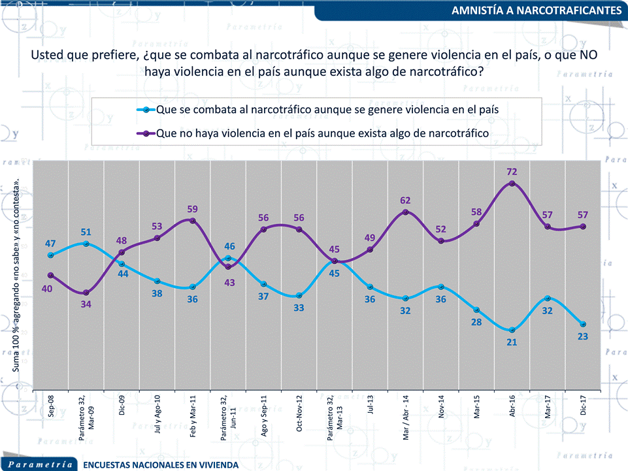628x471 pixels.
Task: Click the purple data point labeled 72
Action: (x=512, y=184)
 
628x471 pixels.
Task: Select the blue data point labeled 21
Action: (x=512, y=330)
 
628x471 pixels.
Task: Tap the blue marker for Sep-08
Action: (x=50, y=255)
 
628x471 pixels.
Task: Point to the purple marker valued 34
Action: (x=86, y=292)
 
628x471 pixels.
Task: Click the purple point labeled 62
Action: (x=406, y=212)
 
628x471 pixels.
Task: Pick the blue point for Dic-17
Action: (x=583, y=324)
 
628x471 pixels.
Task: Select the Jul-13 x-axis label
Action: (x=371, y=406)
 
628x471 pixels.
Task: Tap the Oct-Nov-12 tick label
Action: (x=299, y=412)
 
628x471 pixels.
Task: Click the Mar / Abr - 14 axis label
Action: (x=406, y=415)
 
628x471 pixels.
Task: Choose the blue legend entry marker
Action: (x=146, y=110)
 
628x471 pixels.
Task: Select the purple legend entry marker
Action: (x=146, y=133)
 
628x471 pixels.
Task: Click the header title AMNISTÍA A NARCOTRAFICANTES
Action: (x=536, y=10)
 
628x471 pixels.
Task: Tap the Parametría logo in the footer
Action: (x=41, y=463)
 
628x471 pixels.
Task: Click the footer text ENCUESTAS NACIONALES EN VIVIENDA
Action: (x=161, y=464)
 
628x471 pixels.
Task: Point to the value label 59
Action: (x=193, y=209)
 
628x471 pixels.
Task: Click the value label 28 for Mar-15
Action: (x=476, y=322)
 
